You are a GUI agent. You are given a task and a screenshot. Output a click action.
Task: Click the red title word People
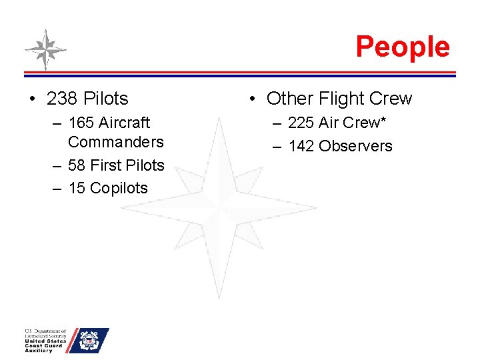point(403,47)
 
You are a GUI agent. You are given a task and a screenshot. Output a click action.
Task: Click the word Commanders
point(115,142)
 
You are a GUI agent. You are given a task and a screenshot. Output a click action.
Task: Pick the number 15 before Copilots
point(77,188)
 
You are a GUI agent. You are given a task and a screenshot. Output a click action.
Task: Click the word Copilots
point(119,188)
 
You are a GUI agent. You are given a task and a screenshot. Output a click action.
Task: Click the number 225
point(301,123)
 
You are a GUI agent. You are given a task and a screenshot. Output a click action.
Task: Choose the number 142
point(301,146)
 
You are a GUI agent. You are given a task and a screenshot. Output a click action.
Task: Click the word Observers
point(355,146)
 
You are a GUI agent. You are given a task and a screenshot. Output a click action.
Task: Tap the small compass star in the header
point(45,49)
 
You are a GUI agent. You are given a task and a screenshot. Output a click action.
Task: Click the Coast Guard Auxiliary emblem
point(88,341)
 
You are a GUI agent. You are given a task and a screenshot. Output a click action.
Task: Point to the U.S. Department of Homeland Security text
point(45,333)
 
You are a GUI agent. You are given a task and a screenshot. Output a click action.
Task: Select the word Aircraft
point(123,123)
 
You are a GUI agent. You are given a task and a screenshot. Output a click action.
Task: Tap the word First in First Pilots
point(105,165)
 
